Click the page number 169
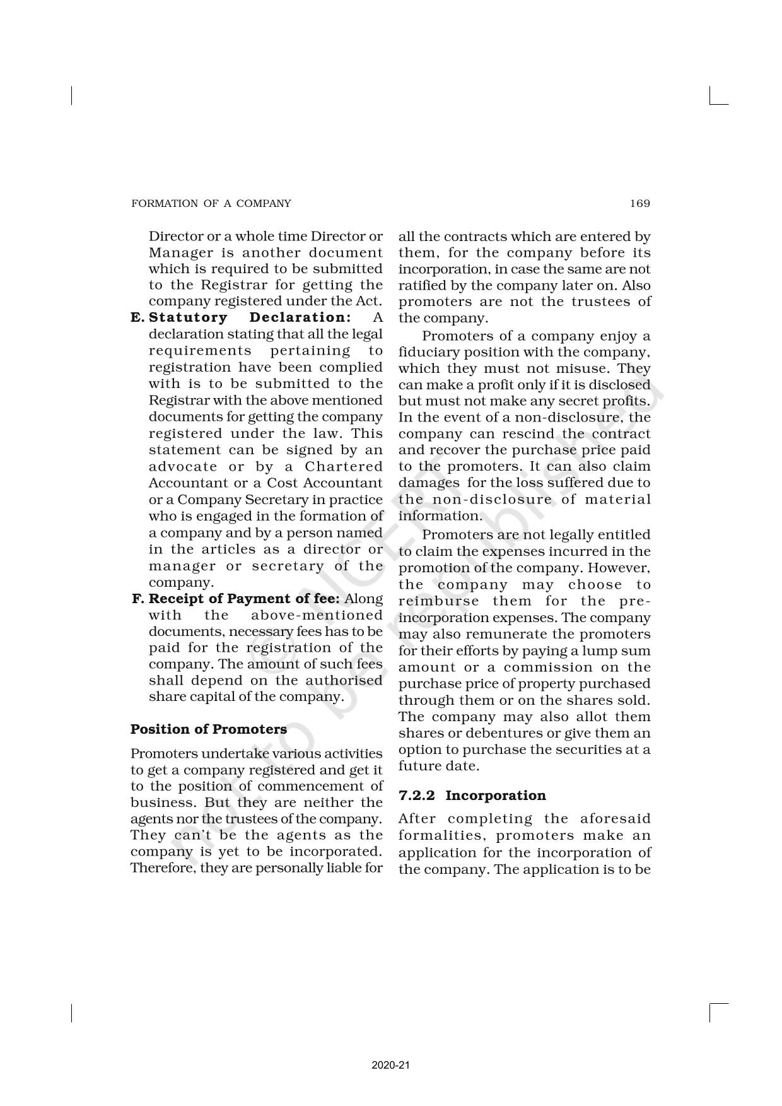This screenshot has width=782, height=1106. [639, 203]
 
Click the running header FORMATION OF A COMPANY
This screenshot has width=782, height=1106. [211, 203]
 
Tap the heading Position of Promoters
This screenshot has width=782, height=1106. [208, 729]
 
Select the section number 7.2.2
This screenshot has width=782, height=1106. [416, 796]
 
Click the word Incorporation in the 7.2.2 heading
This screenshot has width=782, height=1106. [496, 796]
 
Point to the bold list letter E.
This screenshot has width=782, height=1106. [137, 317]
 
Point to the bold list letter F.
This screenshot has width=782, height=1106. [139, 599]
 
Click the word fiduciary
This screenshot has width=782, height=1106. [427, 352]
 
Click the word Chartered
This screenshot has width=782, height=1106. [344, 467]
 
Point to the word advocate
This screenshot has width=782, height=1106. [183, 467]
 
